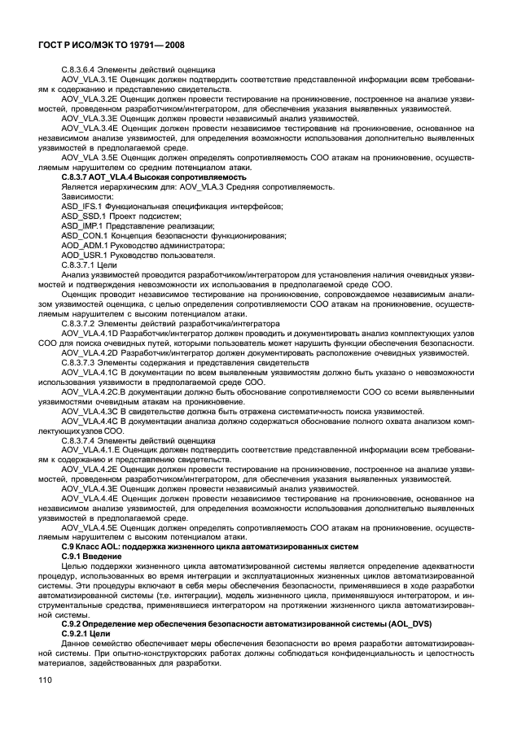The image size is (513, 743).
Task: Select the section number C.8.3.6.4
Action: point(81,71)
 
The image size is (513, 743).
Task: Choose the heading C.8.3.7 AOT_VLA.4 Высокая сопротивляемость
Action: point(153,176)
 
